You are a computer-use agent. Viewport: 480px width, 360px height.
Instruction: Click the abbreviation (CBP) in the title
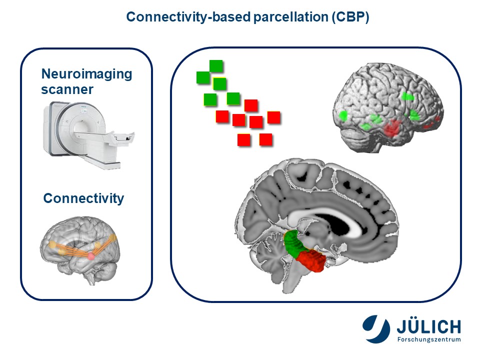pyautogui.click(x=350, y=17)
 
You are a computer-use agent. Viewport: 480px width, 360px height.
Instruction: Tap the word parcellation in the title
pyautogui.click(x=291, y=17)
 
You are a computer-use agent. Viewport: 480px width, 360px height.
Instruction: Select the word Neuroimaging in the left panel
pyautogui.click(x=86, y=74)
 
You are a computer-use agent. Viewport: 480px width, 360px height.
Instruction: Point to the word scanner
pyautogui.click(x=67, y=89)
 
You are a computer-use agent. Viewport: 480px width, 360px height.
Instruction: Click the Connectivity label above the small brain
pyautogui.click(x=83, y=198)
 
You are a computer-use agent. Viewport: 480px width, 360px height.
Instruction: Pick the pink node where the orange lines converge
pyautogui.click(x=91, y=256)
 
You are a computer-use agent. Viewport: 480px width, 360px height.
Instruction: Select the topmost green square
pyautogui.click(x=216, y=66)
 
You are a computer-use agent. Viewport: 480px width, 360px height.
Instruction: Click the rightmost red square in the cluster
pyautogui.click(x=274, y=117)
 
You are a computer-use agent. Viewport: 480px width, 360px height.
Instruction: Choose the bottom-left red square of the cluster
pyautogui.click(x=244, y=140)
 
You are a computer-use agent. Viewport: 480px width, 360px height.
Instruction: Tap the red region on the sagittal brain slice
pyautogui.click(x=311, y=260)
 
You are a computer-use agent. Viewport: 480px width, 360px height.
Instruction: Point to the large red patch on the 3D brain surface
pyautogui.click(x=392, y=128)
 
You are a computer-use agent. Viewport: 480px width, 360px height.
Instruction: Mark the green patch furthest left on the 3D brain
pyautogui.click(x=343, y=115)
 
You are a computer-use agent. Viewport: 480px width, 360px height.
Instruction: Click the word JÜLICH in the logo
pyautogui.click(x=428, y=326)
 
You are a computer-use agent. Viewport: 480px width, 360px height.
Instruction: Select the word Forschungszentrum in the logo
pyautogui.click(x=429, y=339)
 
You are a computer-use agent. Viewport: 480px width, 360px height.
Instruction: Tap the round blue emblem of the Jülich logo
pyautogui.click(x=376, y=329)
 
